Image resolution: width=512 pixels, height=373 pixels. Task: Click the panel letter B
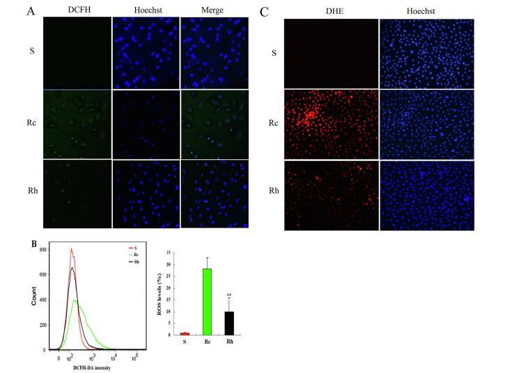(34, 243)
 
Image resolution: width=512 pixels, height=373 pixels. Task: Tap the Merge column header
(213, 10)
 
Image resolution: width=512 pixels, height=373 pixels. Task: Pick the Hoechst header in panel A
(145, 10)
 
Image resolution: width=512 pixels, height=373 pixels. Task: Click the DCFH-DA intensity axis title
(92, 367)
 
